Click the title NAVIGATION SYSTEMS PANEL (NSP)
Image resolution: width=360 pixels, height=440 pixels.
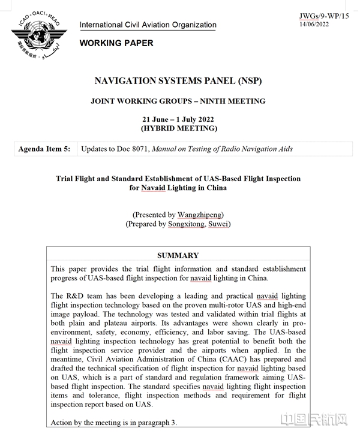click(178, 82)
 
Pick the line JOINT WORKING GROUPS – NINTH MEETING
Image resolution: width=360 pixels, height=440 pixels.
click(178, 101)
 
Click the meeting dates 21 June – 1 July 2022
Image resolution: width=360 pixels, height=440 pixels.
click(178, 119)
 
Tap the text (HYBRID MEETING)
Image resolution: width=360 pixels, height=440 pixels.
click(178, 128)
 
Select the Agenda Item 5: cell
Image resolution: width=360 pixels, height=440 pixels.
click(45, 149)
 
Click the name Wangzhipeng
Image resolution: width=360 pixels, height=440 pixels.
click(201, 215)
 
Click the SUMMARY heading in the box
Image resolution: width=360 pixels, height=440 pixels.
click(178, 255)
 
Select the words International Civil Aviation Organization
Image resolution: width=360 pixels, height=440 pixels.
click(148, 25)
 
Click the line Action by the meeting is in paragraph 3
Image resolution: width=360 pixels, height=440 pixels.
click(114, 423)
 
